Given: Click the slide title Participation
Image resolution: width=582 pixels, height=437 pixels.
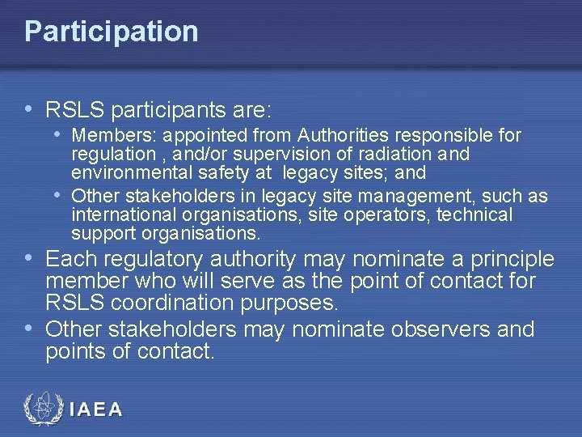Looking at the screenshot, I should click(x=111, y=32).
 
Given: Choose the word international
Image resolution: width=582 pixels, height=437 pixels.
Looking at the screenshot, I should click(x=119, y=215).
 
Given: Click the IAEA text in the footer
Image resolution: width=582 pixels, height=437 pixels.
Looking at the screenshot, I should click(x=96, y=409).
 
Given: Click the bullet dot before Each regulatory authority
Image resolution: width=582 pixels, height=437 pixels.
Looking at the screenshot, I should click(x=29, y=259).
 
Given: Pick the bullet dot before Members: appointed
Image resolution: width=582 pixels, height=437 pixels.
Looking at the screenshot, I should click(x=60, y=134).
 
